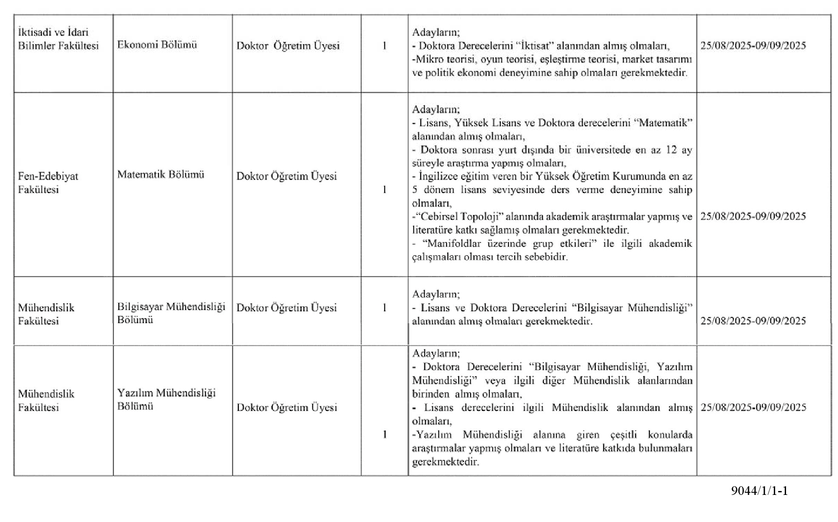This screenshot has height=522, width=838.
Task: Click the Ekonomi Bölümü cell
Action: tap(157, 45)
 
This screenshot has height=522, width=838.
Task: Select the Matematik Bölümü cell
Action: tap(161, 175)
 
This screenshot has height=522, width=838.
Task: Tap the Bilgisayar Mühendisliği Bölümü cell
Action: tap(171, 313)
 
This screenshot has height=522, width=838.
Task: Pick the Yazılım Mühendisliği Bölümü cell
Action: tap(166, 400)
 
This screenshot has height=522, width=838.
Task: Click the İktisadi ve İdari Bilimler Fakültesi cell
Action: tap(58, 39)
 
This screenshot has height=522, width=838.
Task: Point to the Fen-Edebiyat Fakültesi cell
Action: tap(48, 183)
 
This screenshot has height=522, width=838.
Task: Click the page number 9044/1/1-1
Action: tap(759, 491)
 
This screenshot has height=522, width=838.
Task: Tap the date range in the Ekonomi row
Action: tap(753, 46)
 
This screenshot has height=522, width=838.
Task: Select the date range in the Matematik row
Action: tap(753, 217)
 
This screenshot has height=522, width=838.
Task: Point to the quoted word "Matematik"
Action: tap(666, 123)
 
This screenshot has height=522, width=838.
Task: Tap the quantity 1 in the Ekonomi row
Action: tap(385, 46)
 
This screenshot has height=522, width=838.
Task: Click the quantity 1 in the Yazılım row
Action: tap(385, 435)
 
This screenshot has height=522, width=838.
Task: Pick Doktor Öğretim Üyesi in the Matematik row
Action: tap(287, 176)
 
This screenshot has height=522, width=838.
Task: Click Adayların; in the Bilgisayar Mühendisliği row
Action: tap(436, 294)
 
